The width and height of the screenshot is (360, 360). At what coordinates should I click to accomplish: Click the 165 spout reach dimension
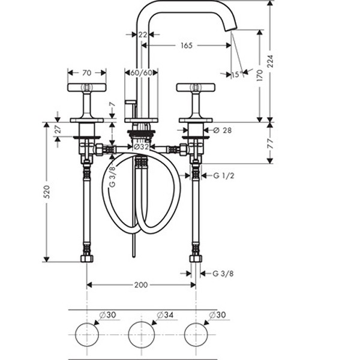187,46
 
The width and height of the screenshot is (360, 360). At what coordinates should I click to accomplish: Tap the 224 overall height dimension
271,61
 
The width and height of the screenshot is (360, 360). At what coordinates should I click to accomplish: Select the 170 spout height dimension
260,76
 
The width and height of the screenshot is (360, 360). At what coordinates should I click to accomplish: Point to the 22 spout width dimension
143,35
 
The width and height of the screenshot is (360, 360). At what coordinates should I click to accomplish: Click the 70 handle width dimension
87,73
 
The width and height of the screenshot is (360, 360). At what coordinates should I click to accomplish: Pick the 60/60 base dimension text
142,73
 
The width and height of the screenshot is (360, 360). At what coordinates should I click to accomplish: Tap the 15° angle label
237,74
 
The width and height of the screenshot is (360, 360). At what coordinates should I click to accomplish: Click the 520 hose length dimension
47,192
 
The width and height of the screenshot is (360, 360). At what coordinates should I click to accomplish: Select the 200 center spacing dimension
141,285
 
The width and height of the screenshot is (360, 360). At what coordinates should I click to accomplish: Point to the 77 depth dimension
271,143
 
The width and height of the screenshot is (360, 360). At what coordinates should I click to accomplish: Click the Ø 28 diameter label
223,130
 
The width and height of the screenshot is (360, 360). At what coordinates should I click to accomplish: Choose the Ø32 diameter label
141,147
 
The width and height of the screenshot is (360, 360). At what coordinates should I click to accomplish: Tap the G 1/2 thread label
224,176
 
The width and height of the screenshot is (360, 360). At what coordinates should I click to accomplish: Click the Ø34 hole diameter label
165,315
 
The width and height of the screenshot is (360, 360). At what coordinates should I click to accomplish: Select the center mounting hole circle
141,335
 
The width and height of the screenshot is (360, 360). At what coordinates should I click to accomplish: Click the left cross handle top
87,87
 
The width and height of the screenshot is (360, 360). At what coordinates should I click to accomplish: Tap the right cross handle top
196,87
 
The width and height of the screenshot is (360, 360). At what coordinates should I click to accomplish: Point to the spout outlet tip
230,29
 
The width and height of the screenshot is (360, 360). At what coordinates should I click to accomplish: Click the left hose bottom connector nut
87,259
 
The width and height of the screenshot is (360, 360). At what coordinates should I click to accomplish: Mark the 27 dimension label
58,129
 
